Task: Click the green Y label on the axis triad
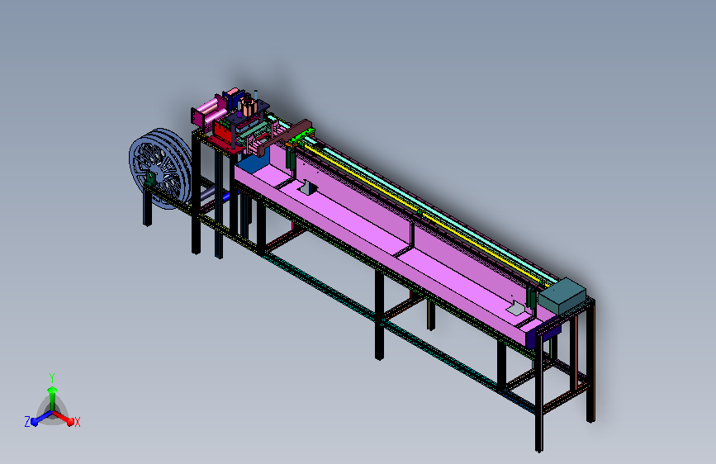(52, 378)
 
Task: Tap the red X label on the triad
(77, 423)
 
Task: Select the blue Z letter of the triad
(27, 422)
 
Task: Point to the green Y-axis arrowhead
(53, 391)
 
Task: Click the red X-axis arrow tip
(70, 422)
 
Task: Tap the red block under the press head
(225, 132)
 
